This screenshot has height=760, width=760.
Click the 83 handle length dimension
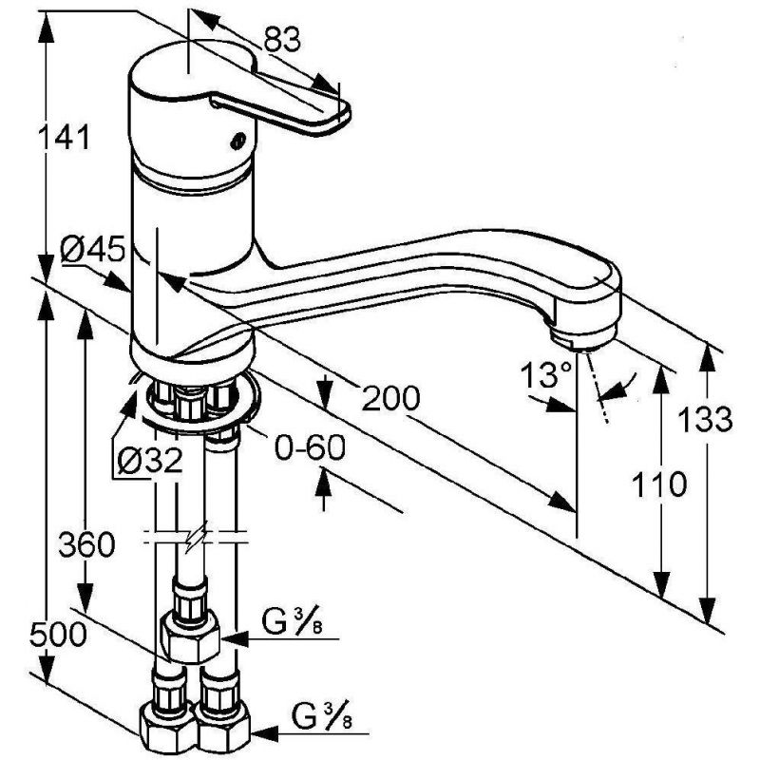[282, 40]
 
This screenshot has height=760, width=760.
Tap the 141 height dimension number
[65, 137]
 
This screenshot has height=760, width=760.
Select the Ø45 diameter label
[92, 251]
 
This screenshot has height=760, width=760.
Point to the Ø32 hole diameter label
[150, 460]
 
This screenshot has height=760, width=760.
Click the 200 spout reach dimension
[391, 398]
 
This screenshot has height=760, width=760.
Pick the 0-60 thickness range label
[311, 447]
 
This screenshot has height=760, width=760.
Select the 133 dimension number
[705, 419]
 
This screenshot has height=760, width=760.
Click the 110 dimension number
[659, 484]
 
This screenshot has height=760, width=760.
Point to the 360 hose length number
[87, 543]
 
